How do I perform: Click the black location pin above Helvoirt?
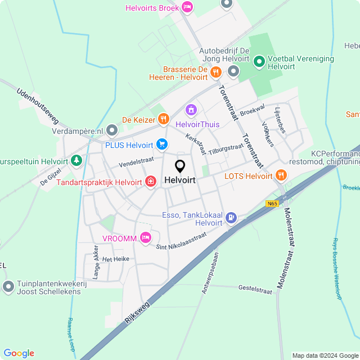point(180,166)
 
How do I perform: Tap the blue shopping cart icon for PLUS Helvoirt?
point(162,145)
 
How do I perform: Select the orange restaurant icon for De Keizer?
point(164,119)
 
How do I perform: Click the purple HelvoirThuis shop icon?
point(191,109)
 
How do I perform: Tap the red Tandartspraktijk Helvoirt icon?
point(151,181)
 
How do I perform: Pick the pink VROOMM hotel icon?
point(146,238)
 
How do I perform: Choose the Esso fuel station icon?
point(232,218)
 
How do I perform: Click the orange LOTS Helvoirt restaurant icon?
point(281,175)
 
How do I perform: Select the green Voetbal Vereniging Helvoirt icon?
point(259,61)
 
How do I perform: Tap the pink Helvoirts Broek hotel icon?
point(188,7)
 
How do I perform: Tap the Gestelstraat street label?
point(255,289)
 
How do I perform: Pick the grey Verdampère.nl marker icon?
point(112,131)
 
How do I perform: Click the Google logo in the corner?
point(19,353)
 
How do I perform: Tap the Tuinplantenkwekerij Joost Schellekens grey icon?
point(8,287)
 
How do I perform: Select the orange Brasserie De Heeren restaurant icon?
point(215,71)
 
